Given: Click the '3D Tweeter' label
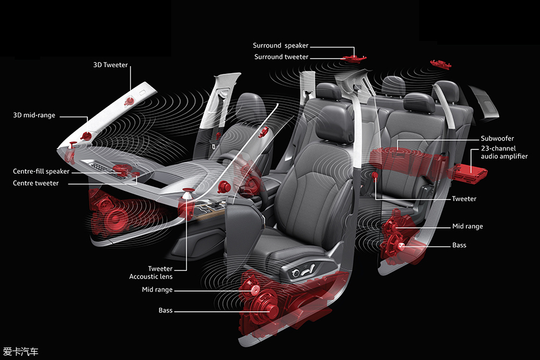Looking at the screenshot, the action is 110,65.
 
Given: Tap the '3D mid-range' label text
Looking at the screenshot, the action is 34,115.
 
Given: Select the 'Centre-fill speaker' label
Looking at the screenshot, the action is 41,171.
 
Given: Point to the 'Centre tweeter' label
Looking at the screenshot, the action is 36,183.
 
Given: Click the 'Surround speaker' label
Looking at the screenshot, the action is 281,45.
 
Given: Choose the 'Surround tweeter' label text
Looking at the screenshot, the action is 281,57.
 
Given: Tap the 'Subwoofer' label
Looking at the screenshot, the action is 497,139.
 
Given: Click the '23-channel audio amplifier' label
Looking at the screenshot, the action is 504,152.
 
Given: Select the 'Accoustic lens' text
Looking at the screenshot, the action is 151,276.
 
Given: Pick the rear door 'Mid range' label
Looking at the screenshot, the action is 467,226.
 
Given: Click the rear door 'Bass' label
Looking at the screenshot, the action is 459,245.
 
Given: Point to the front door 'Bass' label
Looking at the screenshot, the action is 166,310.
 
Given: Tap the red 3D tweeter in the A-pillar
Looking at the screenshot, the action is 130,101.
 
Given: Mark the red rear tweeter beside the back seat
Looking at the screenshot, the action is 375,175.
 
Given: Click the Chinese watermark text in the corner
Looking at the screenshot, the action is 21,352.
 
